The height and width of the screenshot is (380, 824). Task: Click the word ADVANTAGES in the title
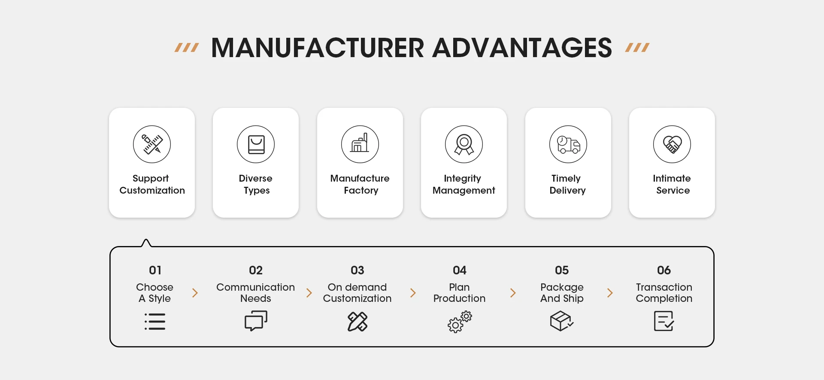pos(522,48)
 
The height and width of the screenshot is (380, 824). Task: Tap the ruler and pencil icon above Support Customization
pos(152,144)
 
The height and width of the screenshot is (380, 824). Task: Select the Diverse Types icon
pos(256,144)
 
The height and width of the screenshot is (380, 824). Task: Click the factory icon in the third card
pos(360,144)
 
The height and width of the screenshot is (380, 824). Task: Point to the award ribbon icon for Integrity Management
pos(464,144)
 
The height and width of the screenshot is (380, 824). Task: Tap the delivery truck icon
pos(568,144)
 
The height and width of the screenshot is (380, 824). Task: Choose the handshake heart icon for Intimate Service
pos(672,144)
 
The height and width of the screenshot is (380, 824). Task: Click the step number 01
pos(155,270)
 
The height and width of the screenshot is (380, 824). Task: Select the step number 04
pos(459,270)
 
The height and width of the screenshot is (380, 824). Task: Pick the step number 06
pos(663,270)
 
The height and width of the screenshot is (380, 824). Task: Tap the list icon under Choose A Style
pos(155,322)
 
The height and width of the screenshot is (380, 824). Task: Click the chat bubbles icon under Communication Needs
pos(256,321)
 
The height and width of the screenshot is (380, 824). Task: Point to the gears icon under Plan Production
pos(459,322)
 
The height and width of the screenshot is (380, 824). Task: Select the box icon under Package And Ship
pos(561,321)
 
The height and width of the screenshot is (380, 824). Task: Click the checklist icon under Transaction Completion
pos(663,321)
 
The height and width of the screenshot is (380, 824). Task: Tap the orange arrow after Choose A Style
pos(195,293)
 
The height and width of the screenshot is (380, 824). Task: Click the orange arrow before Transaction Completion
pos(610,293)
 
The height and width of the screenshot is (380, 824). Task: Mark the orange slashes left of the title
pos(187,47)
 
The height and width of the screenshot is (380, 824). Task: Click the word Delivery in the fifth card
pos(567,190)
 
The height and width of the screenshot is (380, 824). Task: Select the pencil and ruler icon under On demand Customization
pos(357,322)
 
